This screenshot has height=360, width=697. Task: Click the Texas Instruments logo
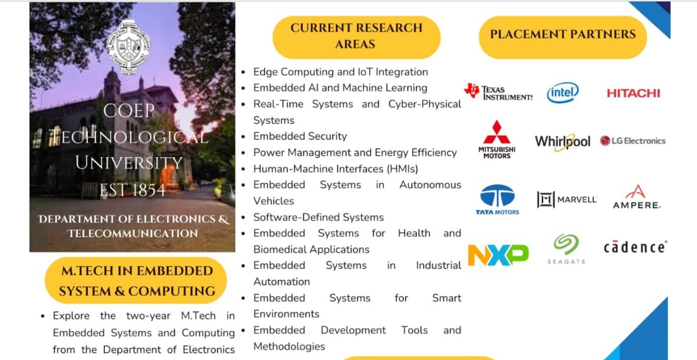click(x=498, y=92)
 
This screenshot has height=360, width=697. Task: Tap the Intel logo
click(x=563, y=92)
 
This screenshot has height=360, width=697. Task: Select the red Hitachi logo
click(x=633, y=93)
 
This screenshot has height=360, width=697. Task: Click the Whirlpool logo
click(x=562, y=142)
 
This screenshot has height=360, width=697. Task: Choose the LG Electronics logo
click(x=633, y=141)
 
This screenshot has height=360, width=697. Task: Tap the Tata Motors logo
click(x=497, y=199)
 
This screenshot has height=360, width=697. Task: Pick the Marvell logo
click(x=567, y=199)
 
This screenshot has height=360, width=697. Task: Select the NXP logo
click(x=498, y=255)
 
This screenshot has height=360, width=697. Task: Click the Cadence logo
click(x=635, y=247)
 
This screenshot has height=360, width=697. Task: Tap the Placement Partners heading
click(x=563, y=34)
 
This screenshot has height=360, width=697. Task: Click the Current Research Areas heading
click(x=356, y=36)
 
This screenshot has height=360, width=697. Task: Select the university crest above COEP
click(x=128, y=48)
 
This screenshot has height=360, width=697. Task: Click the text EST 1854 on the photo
click(x=132, y=190)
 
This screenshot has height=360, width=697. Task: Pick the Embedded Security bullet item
click(x=300, y=136)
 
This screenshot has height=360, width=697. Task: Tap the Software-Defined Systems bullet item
click(x=319, y=217)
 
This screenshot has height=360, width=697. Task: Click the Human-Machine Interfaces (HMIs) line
click(x=336, y=169)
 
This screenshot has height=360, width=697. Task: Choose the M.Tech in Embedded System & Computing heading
click(x=137, y=281)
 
